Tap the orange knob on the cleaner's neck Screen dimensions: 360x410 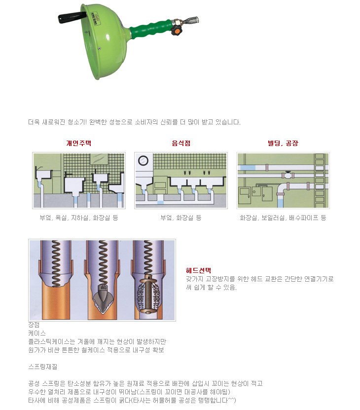[177, 31]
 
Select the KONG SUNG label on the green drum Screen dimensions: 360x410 [95, 18]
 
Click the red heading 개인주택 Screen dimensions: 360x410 [78, 143]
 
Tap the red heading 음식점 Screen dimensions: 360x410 [181, 143]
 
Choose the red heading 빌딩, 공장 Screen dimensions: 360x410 [283, 143]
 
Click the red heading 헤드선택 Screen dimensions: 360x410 [198, 270]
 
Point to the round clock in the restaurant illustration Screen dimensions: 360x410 [143, 160]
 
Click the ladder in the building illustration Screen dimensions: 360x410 [320, 181]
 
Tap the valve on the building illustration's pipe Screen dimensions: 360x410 [288, 174]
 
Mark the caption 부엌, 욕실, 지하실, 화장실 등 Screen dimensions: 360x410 [79, 218]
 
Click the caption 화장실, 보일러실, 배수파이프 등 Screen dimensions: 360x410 [283, 218]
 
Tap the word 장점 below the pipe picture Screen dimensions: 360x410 [34, 325]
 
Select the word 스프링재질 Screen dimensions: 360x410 [43, 367]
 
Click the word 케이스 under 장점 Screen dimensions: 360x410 [37, 333]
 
